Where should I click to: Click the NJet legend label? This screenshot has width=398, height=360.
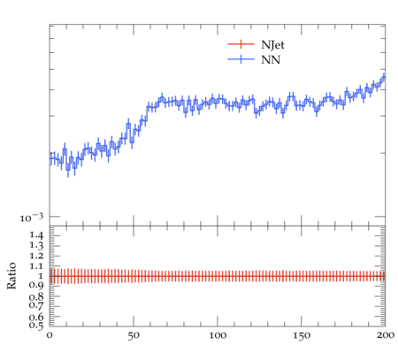click(x=272, y=45)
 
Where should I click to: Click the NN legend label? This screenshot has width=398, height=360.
click(x=271, y=60)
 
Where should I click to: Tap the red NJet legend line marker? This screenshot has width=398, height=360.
click(x=241, y=44)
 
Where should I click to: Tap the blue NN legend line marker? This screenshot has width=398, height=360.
click(x=241, y=59)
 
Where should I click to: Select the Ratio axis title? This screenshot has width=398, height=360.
click(x=11, y=276)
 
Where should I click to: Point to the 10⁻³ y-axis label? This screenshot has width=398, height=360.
click(x=32, y=218)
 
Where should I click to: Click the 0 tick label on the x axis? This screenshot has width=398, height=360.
click(x=50, y=335)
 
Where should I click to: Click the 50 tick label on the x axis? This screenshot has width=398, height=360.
click(x=134, y=335)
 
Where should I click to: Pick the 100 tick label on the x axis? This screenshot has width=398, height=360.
click(x=218, y=335)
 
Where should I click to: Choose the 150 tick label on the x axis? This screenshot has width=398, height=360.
click(x=302, y=335)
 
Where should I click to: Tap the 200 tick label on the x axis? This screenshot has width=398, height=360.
click(x=386, y=335)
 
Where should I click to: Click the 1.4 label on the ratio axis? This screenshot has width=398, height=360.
click(x=36, y=235)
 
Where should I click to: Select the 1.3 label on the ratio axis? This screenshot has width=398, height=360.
click(x=36, y=245)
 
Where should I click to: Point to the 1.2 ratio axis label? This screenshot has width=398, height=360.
click(x=36, y=256)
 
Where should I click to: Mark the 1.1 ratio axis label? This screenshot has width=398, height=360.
click(x=36, y=266)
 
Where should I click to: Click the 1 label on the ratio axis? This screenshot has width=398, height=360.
click(x=41, y=276)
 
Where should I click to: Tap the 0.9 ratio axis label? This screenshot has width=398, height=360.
click(x=36, y=286)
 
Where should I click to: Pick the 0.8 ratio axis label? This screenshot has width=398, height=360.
click(x=36, y=296)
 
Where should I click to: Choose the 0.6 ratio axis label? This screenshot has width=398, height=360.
click(x=36, y=317)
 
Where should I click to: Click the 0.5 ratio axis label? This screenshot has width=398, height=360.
click(x=36, y=325)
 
